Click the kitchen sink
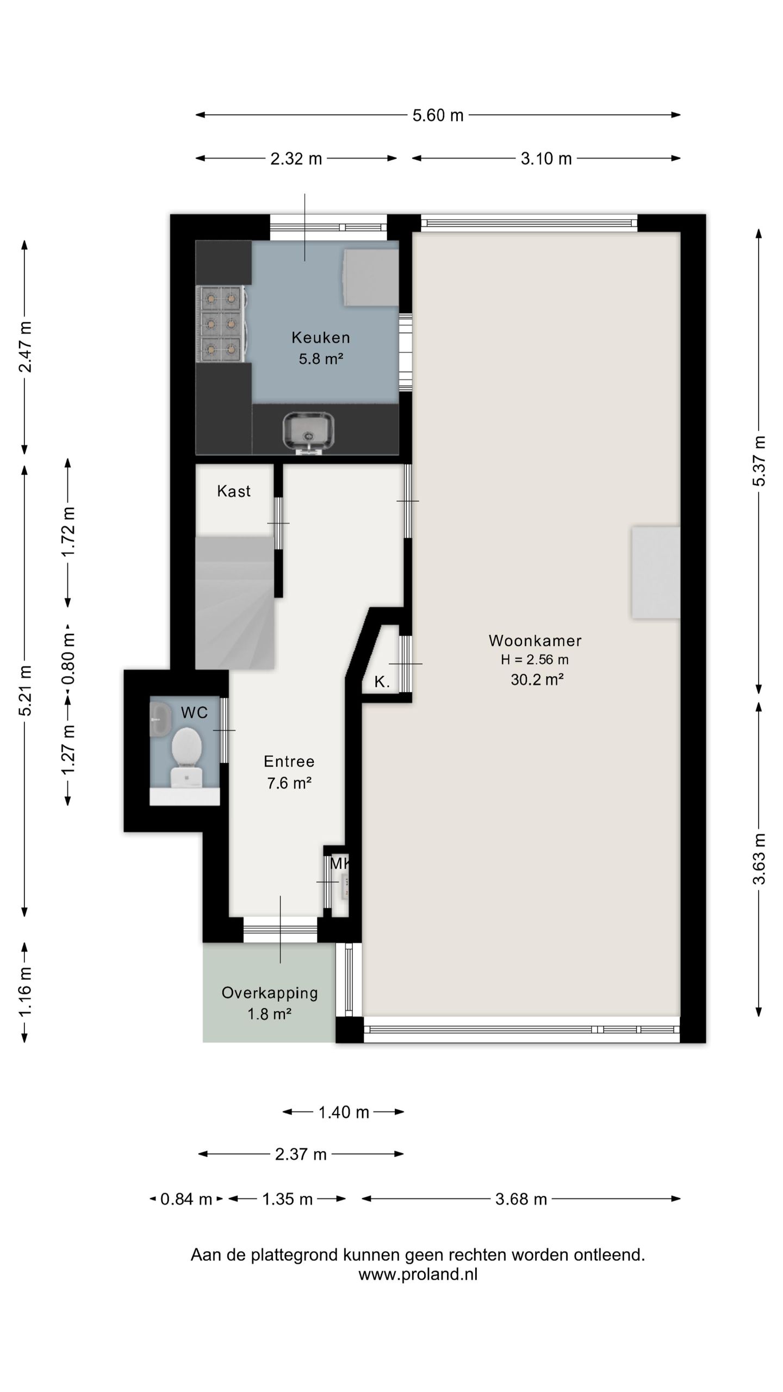[x=308, y=433]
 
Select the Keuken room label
[x=321, y=338]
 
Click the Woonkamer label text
[x=535, y=641]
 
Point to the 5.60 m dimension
[x=438, y=115]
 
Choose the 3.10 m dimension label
[x=546, y=159]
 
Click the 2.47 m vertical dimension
[x=25, y=347]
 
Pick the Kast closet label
[x=234, y=491]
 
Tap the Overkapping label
[x=270, y=993]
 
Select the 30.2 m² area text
[x=537, y=680]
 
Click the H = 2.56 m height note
[x=535, y=660]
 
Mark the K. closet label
[x=382, y=682]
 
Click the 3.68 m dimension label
[x=521, y=1200]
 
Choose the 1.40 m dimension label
[x=344, y=1113]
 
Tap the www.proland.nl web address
[x=418, y=1275]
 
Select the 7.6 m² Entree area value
[x=289, y=784]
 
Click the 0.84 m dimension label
[x=186, y=1200]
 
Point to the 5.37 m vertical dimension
[x=759, y=461]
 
